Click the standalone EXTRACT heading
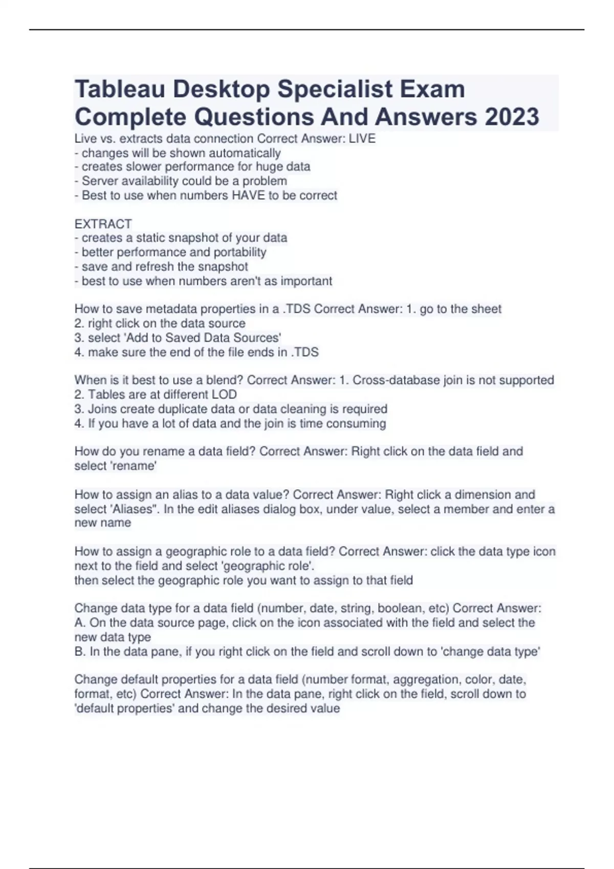click(x=103, y=224)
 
